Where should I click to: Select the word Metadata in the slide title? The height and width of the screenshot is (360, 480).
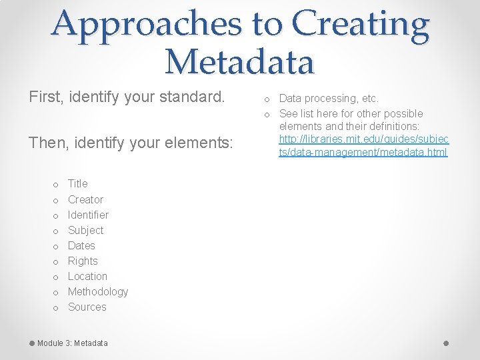click(239, 61)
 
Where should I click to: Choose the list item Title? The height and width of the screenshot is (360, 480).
click(77, 184)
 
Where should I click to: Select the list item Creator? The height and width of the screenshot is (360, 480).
click(85, 199)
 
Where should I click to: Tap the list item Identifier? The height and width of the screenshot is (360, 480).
click(88, 215)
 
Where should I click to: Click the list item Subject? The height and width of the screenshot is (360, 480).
click(85, 230)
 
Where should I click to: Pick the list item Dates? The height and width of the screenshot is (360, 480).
click(81, 245)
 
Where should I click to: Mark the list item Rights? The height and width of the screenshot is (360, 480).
click(83, 261)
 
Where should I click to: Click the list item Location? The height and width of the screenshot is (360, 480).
click(87, 276)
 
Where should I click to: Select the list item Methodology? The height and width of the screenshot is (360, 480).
click(98, 291)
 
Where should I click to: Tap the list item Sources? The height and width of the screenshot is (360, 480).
click(87, 307)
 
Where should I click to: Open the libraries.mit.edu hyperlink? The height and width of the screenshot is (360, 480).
click(363, 145)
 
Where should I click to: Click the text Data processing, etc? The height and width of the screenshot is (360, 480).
click(329, 99)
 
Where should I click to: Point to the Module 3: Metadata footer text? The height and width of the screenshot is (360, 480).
click(72, 343)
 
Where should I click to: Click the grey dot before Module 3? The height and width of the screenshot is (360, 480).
click(31, 343)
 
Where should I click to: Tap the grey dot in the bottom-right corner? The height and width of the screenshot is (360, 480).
click(446, 343)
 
